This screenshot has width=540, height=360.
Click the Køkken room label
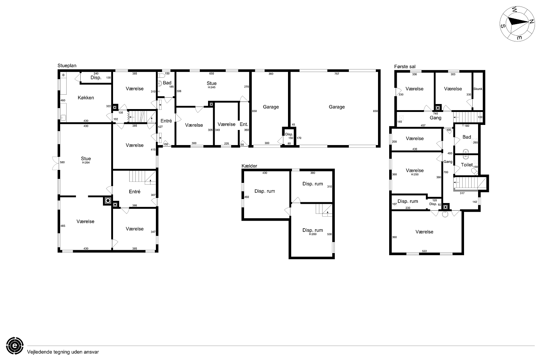pos(86,98)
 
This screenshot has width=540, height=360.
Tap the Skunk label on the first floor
pos(478,89)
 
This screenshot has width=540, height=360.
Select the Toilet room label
pos(467,165)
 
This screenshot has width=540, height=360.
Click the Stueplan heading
pos(67,66)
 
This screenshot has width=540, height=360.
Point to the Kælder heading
pos(249,166)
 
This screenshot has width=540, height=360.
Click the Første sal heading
pos(405,67)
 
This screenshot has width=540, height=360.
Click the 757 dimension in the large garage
pos(337,74)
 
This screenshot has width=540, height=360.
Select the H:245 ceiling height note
pos(211,87)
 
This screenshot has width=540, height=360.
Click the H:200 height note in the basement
pos(313,234)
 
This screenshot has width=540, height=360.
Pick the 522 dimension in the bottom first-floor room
pos(424,251)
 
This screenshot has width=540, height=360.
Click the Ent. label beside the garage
pos(244,125)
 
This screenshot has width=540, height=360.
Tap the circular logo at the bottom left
pos(15,346)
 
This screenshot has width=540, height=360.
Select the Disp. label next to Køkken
pos(96,78)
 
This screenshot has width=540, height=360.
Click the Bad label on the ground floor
pos(167,83)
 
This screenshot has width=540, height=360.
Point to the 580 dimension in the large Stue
pos(62,162)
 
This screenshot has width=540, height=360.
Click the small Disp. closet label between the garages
pos(289,134)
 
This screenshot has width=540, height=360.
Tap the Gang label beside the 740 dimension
pos(435,118)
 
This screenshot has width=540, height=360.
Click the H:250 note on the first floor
pos(415,174)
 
